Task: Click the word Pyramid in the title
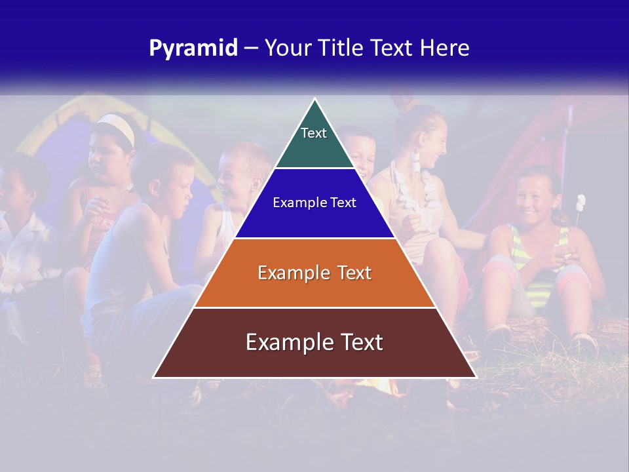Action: pos(193,49)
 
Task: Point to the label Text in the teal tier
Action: pos(314,133)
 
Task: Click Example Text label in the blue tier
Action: pos(314,203)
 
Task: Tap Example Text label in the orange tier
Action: pos(314,273)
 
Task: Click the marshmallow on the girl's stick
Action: pos(580,202)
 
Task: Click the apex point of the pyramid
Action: pos(314,100)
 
